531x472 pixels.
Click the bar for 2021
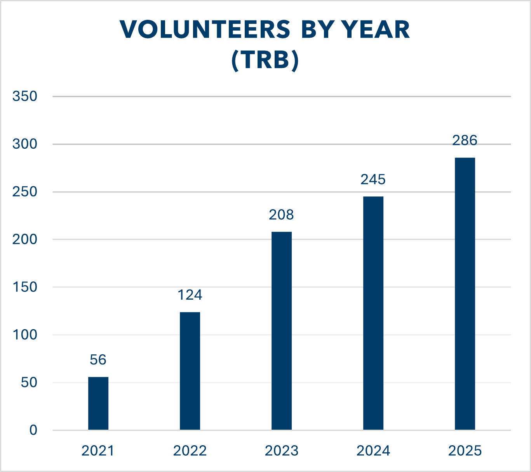98,403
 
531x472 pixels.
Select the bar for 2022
190,371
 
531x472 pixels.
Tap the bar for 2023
282,331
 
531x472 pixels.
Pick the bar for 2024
373,313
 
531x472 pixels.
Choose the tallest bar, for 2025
465,293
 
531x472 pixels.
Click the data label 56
98,360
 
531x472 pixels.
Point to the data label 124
190,295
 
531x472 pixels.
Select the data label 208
282,215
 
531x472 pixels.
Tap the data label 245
373,179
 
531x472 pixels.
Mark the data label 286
465,140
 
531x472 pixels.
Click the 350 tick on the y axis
25,96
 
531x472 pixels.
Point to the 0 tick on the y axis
33,430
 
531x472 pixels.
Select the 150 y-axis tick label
25,287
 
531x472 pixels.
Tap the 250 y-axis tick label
25,192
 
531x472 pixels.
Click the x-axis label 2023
282,451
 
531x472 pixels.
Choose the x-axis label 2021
98,451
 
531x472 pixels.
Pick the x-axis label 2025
465,451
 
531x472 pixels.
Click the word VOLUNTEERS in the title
205,30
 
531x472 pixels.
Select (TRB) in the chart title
265,61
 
